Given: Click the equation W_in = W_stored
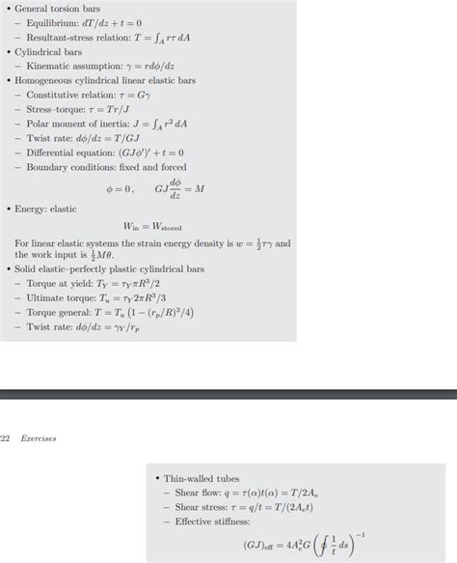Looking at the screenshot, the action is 153,227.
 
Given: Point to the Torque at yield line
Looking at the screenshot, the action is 101,284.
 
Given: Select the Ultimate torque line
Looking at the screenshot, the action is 102,298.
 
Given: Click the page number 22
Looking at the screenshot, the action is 5,438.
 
